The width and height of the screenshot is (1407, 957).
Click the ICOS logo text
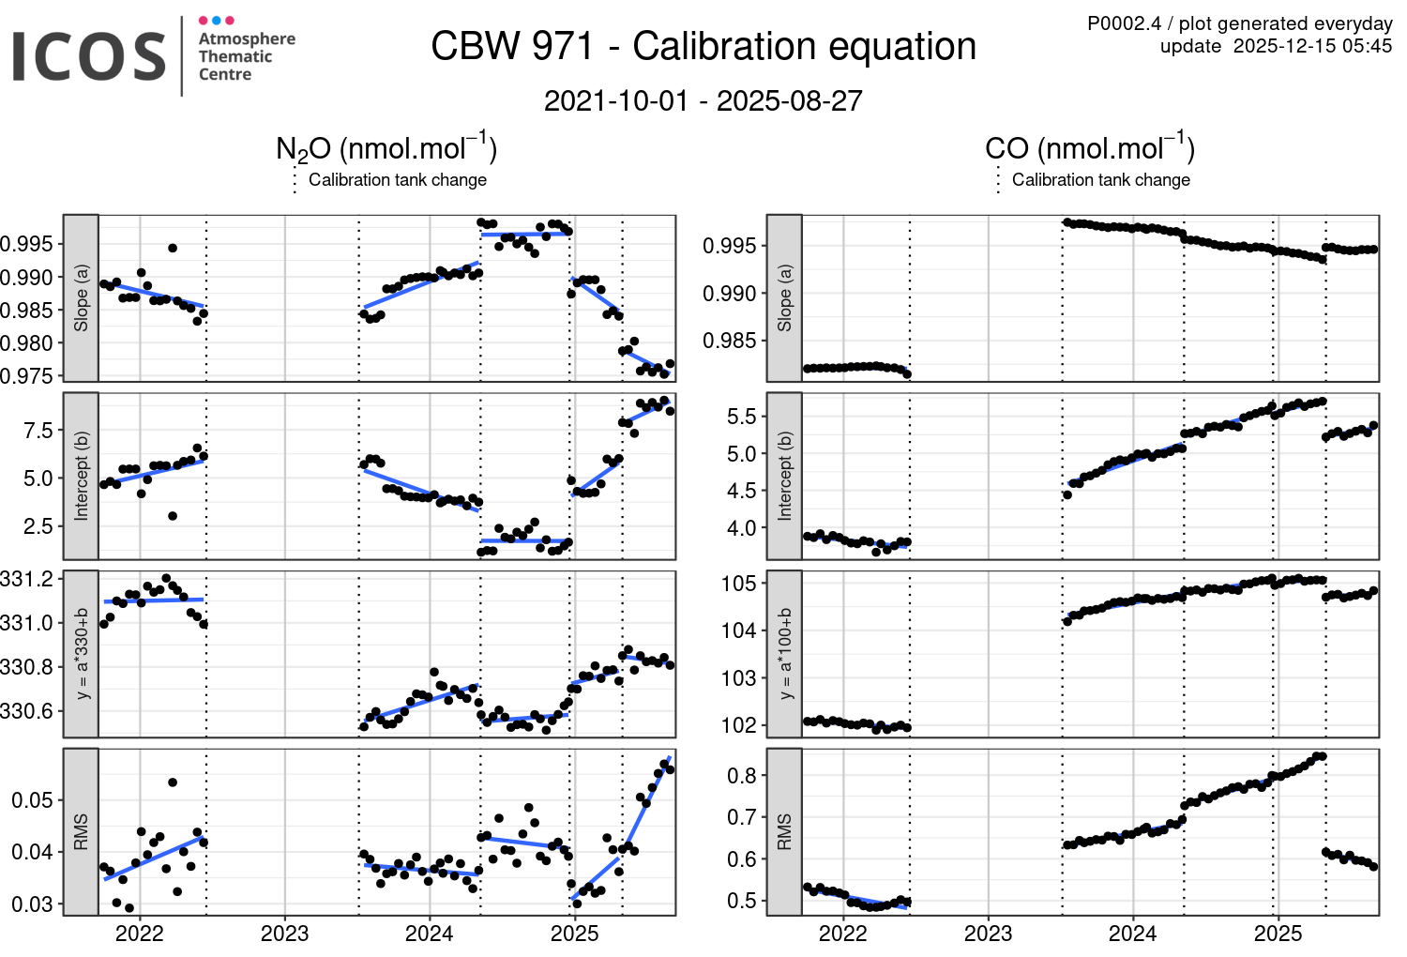tap(89, 56)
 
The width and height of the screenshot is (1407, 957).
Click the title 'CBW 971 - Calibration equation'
tap(703, 47)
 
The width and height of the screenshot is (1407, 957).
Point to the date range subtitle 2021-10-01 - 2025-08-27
tap(703, 101)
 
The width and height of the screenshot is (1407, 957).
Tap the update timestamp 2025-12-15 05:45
tap(1312, 47)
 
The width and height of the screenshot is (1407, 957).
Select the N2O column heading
tap(386, 149)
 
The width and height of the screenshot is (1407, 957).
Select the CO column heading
tap(1089, 149)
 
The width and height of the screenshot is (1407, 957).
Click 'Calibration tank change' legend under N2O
tap(397, 180)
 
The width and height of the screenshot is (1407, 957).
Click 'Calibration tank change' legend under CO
tap(1100, 180)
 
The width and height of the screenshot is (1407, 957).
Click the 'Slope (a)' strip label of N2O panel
tap(82, 298)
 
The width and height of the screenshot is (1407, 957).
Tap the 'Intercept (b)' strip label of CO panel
tap(785, 476)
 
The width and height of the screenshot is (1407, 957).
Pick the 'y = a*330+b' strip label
tap(82, 653)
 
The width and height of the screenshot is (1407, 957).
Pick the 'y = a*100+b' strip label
tap(785, 653)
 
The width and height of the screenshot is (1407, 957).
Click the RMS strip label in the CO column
tap(785, 831)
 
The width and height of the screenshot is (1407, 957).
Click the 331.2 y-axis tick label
tap(26, 579)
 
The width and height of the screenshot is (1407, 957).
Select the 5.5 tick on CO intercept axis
tap(741, 417)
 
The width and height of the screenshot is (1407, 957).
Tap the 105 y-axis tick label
tap(738, 584)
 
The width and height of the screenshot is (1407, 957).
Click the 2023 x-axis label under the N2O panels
tap(284, 934)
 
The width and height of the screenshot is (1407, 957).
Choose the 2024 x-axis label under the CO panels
tap(1132, 934)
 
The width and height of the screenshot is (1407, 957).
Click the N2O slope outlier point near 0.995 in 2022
tap(173, 248)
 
